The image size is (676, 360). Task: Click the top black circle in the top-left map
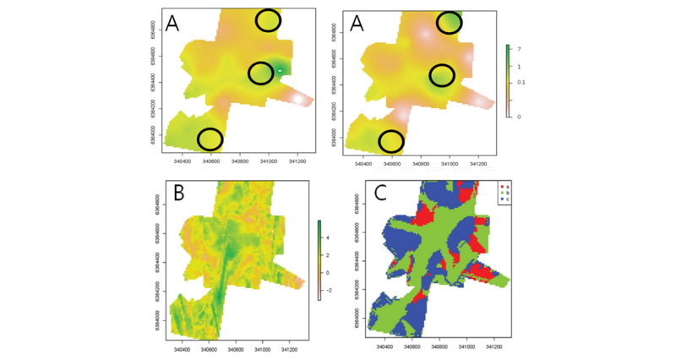pos(268,20)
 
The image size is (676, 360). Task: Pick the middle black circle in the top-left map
pos(262,74)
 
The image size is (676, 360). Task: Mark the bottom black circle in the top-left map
pos(210,138)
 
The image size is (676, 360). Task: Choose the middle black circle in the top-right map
pos(442,76)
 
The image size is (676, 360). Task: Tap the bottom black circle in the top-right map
pos(391,141)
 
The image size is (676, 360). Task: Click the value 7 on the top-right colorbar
pos(518,50)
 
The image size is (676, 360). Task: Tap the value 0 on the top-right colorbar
pos(518,117)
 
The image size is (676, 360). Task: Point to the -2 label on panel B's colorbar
pos(327,290)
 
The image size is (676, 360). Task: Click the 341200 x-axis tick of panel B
pos(289,347)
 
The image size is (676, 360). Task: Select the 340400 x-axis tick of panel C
pos(385,347)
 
